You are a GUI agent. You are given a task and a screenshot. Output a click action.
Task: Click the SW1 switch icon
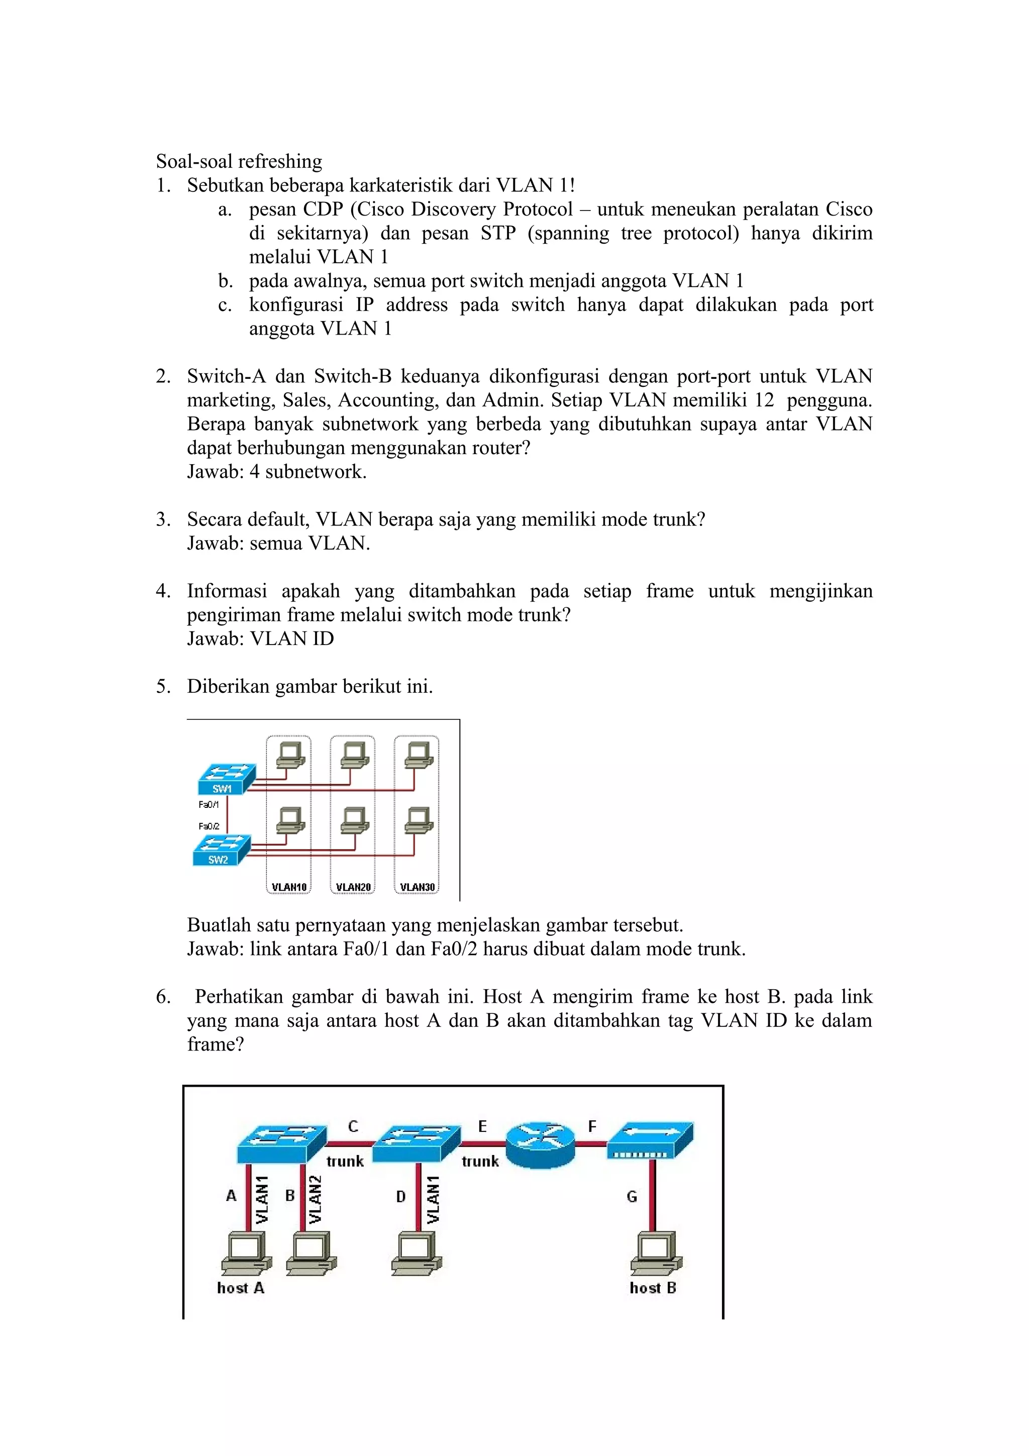226,779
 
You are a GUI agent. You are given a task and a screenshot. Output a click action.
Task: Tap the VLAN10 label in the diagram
289,887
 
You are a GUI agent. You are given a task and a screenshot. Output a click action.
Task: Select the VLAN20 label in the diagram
353,887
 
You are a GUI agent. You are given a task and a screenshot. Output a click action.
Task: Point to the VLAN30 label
417,887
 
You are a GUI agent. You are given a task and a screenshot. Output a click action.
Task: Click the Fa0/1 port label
209,804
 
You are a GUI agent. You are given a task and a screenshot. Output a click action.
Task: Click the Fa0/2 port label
209,825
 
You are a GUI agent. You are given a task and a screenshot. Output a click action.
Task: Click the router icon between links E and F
540,1144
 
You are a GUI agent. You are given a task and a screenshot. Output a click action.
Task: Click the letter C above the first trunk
353,1126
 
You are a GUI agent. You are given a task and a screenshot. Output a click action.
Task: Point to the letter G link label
632,1196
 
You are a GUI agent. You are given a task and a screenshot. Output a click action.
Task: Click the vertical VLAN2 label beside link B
315,1199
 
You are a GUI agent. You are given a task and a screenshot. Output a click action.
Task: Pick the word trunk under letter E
480,1161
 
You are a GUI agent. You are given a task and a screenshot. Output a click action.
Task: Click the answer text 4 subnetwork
307,472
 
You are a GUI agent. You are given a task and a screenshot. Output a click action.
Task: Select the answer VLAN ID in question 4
291,639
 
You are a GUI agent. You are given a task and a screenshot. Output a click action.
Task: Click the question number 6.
163,996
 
